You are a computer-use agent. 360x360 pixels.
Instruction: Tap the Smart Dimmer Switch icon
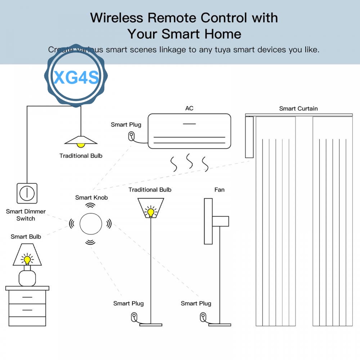tap(27, 193)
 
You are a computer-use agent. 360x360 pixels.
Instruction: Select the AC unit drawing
tap(190, 131)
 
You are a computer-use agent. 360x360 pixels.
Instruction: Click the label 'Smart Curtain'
tap(298, 109)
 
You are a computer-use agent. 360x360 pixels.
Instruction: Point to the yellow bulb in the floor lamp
tap(151, 211)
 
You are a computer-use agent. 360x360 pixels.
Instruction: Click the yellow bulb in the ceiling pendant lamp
tap(81, 145)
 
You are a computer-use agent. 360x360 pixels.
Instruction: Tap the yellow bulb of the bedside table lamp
tap(27, 259)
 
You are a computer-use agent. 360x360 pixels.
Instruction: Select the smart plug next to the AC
tap(132, 136)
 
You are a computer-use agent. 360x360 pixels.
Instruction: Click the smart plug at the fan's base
tap(202, 317)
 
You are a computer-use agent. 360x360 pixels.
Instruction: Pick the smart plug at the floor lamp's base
tap(134, 317)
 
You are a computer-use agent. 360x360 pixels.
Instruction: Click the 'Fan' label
tap(219, 190)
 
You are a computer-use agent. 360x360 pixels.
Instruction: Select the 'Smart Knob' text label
tap(91, 197)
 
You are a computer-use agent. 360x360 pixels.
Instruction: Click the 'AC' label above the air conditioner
tap(189, 108)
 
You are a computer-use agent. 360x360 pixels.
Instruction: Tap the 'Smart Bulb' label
tap(26, 236)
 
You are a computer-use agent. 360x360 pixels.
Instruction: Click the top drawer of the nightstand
tap(27, 297)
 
